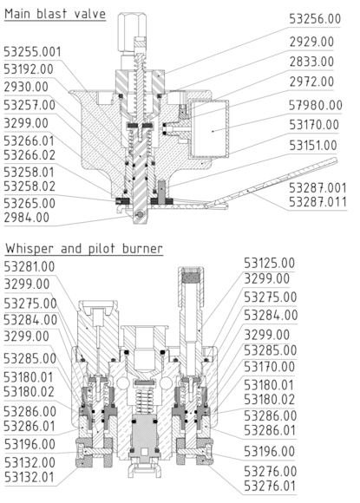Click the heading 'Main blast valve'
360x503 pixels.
click(x=56, y=13)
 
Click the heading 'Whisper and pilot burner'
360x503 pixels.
click(x=82, y=249)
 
